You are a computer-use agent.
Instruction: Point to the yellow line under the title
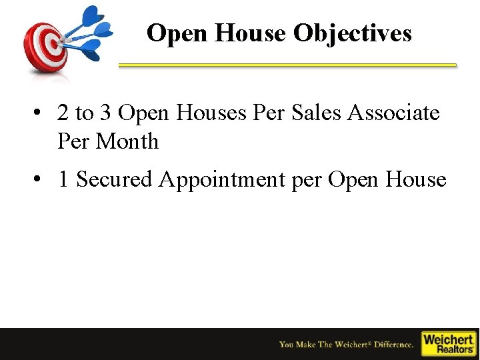pyautogui.click(x=287, y=65)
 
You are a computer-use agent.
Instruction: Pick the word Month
pyautogui.click(x=127, y=141)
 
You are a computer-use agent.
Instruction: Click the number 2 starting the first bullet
pyautogui.click(x=63, y=113)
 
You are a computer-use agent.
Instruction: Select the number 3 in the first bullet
pyautogui.click(x=105, y=113)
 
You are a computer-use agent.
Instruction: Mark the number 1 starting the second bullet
pyautogui.click(x=63, y=179)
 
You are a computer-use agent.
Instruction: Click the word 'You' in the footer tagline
pyautogui.click(x=287, y=345)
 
